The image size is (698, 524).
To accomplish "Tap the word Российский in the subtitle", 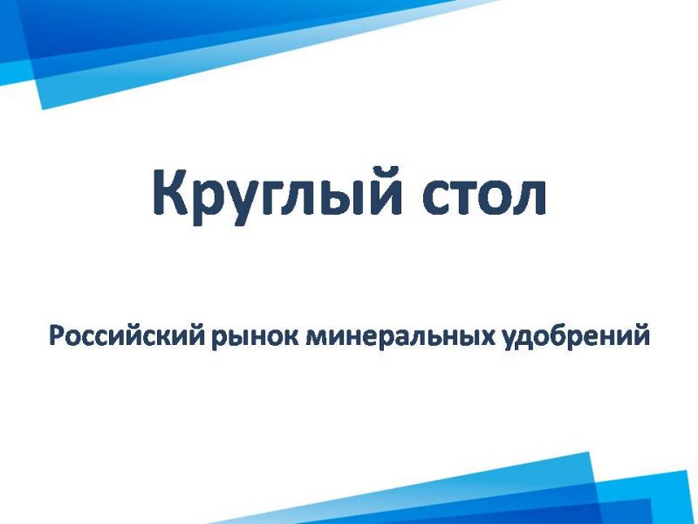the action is tap(127, 336).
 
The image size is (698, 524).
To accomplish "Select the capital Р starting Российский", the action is tap(56, 335).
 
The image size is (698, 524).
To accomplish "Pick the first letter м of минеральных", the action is tap(316, 339).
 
